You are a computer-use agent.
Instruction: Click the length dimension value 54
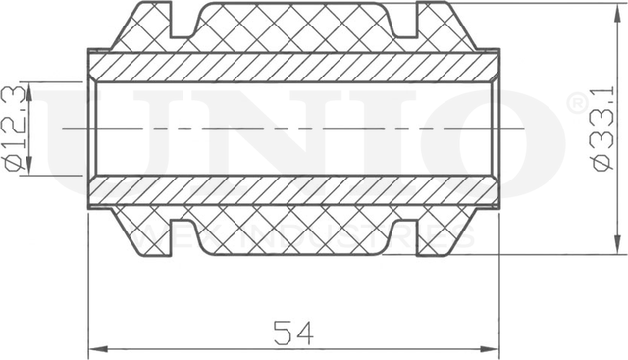292,334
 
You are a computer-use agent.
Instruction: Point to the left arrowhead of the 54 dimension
95,348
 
